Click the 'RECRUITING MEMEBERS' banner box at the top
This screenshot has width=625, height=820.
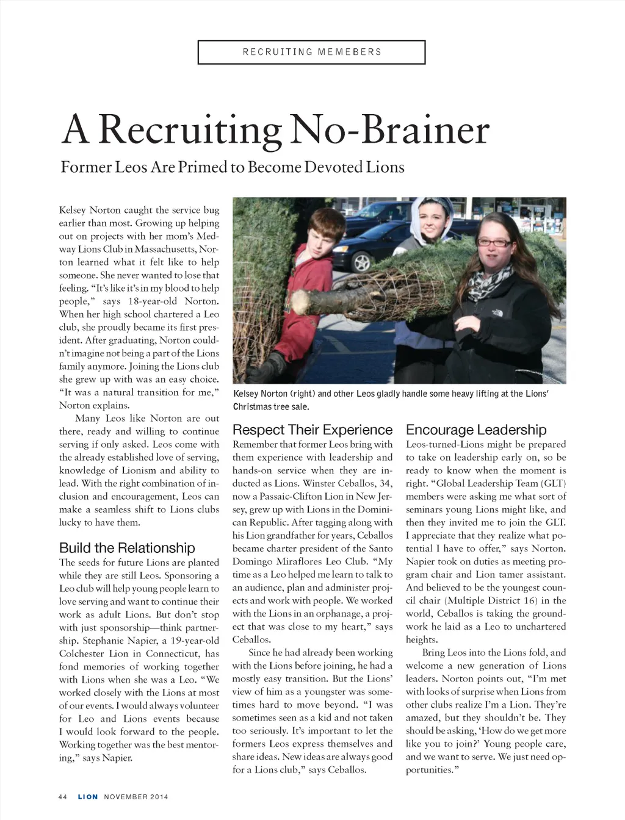point(311,52)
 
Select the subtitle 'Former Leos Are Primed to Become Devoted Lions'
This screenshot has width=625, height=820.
point(233,167)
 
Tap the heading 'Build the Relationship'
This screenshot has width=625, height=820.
point(127,547)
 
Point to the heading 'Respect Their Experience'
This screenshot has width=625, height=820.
point(312,430)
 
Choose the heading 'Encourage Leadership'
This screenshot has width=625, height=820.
point(476,430)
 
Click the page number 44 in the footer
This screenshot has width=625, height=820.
point(62,797)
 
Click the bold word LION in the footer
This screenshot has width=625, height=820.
point(87,797)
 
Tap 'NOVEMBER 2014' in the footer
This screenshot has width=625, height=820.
point(135,797)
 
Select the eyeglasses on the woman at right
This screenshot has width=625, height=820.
point(495,242)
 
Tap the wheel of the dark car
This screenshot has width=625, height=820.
point(362,262)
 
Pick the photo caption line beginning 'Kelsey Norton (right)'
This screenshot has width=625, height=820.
point(391,394)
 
